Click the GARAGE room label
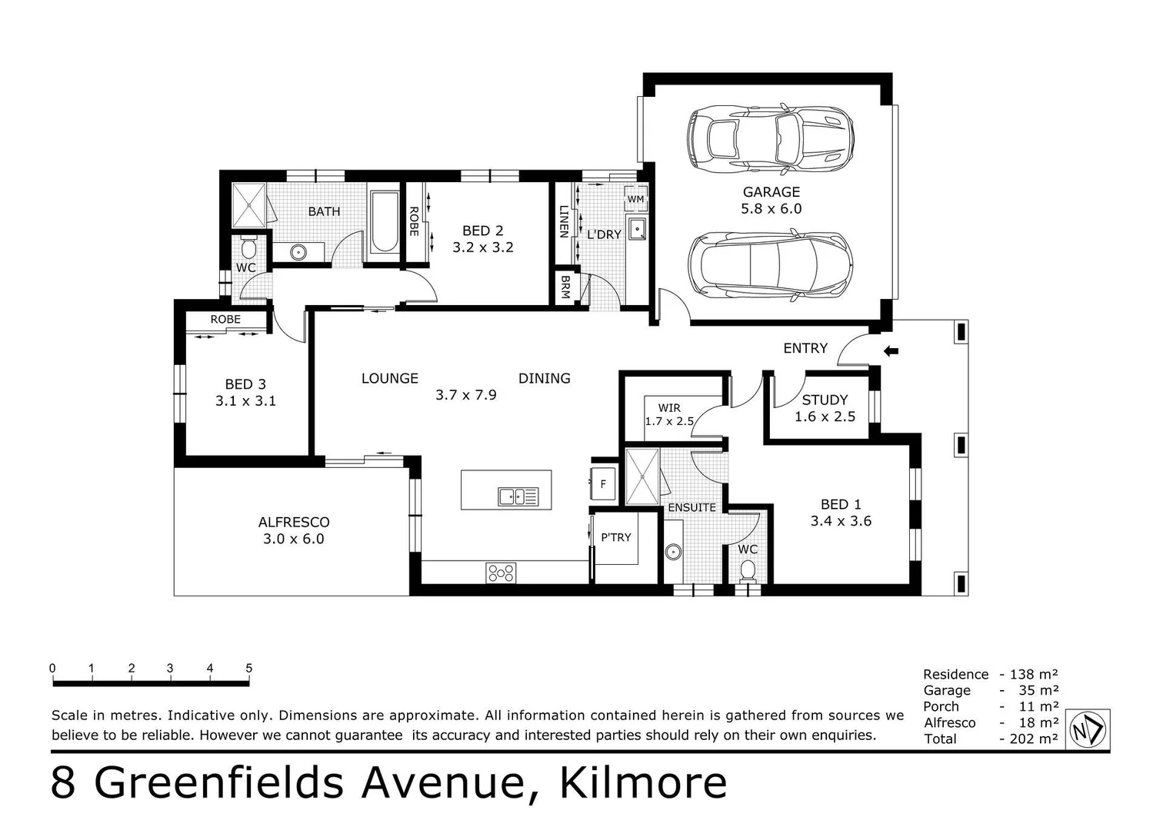(771, 192)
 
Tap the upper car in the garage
(770, 138)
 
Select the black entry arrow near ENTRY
(891, 351)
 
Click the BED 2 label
(482, 231)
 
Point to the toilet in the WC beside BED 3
(248, 247)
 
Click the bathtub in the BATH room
(384, 222)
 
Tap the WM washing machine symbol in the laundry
(635, 199)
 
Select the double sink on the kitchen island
(518, 496)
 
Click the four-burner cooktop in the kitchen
(501, 573)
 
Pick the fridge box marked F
(603, 484)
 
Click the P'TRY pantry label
(615, 537)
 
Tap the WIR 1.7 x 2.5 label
(669, 415)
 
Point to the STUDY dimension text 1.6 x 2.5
(825, 417)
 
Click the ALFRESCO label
(294, 522)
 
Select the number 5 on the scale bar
(248, 669)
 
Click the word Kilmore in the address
(643, 783)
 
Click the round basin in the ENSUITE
(675, 551)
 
